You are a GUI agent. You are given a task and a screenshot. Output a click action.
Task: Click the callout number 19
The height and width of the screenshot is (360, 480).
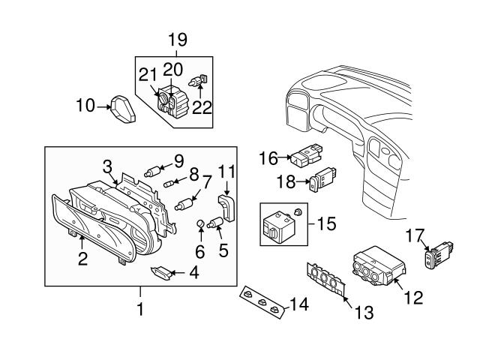[x=177, y=39]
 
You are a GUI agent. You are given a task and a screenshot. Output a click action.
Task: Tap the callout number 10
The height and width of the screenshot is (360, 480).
[x=85, y=106]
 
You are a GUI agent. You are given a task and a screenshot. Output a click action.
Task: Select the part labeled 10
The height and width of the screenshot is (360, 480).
[x=122, y=109]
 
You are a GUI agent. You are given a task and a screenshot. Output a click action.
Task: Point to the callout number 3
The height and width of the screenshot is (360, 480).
[x=108, y=165]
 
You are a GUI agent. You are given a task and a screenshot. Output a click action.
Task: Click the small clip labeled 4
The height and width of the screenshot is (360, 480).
[x=160, y=271]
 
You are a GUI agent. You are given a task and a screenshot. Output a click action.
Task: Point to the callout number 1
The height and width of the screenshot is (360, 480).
[x=139, y=307]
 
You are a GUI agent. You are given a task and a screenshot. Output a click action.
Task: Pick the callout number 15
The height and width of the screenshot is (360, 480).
[x=327, y=223]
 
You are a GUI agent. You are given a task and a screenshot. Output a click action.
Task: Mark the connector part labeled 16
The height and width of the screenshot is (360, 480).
[x=306, y=157]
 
